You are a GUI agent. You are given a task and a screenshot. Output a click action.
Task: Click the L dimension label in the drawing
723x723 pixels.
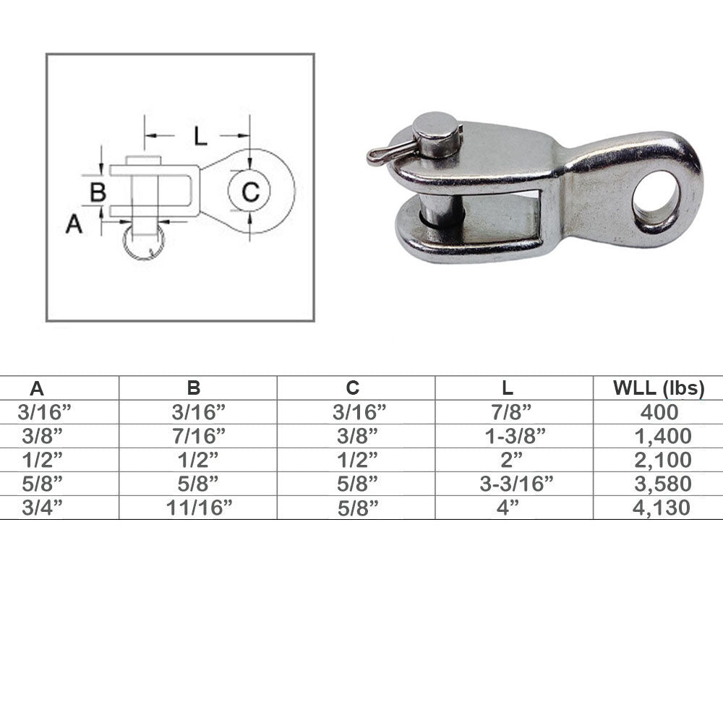pyautogui.click(x=200, y=136)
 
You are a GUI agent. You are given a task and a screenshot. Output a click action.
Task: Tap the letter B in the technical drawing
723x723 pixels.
pyautogui.click(x=98, y=192)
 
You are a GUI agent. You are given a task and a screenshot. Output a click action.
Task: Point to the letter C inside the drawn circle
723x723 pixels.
pyautogui.click(x=250, y=192)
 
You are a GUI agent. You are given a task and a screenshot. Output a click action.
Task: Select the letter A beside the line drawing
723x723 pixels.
pyautogui.click(x=74, y=225)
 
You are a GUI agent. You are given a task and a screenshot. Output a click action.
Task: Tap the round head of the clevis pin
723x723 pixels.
pyautogui.click(x=436, y=125)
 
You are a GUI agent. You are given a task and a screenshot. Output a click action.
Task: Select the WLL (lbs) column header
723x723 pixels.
pyautogui.click(x=659, y=388)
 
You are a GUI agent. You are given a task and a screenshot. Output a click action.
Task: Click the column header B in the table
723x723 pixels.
pyautogui.click(x=194, y=388)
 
